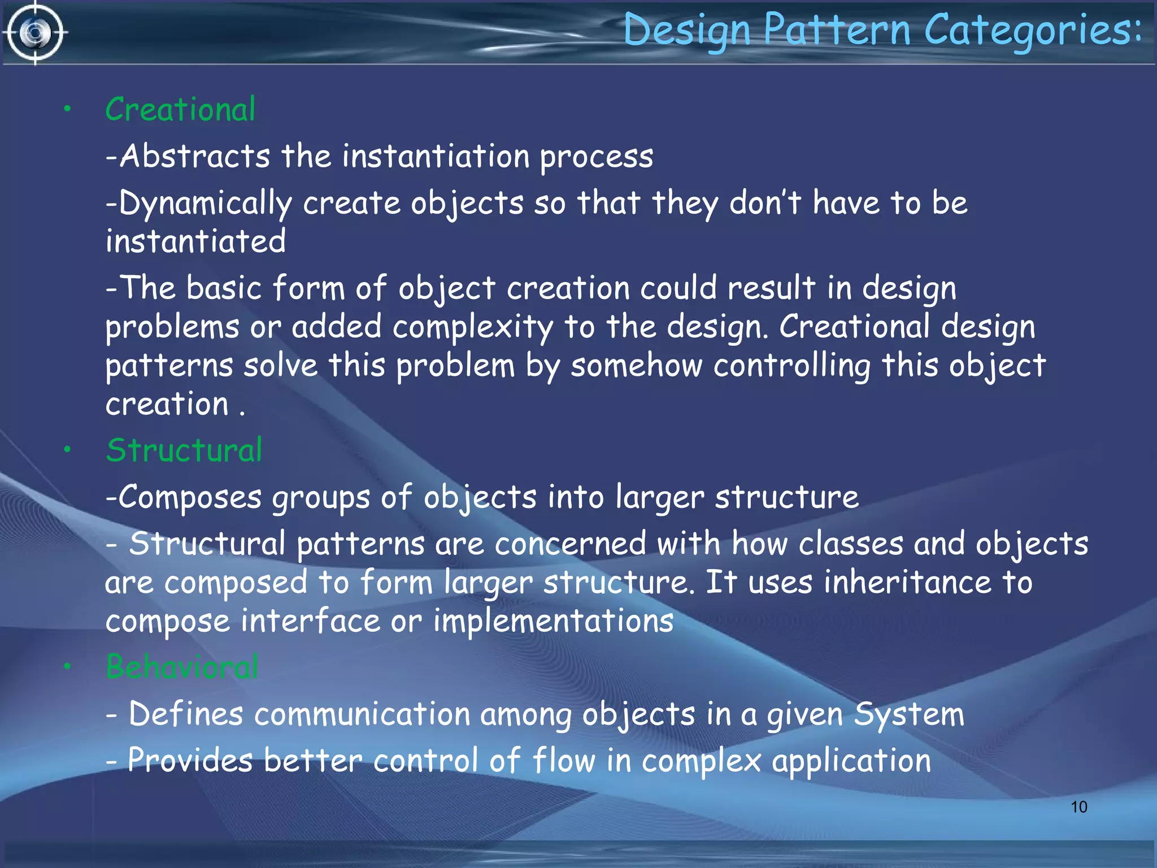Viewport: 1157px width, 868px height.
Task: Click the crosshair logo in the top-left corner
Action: tap(35, 33)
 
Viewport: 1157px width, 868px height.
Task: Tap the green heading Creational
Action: tap(180, 110)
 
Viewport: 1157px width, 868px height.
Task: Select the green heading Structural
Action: tap(184, 450)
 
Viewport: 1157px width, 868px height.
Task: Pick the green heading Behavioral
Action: tap(182, 667)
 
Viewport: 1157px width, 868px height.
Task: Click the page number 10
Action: tap(1078, 807)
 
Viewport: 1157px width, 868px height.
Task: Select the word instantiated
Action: tap(195, 242)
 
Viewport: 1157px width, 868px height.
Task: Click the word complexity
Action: tap(473, 328)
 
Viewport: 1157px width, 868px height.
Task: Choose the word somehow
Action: tap(636, 366)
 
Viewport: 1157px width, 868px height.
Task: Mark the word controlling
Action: tap(791, 366)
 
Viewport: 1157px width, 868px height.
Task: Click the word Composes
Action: tap(190, 498)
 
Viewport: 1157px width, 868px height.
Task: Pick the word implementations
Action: tap(553, 622)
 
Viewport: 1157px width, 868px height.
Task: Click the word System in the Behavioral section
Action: tap(909, 714)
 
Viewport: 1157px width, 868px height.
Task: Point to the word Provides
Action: tap(190, 761)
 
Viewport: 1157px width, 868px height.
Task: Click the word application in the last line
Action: tap(851, 762)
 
